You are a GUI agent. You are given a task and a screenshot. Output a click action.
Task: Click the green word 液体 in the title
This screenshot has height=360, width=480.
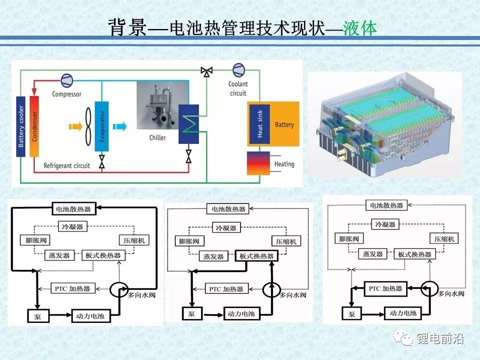(x=359, y=28)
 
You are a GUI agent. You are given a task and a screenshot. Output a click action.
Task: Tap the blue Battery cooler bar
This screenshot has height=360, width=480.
(x=21, y=126)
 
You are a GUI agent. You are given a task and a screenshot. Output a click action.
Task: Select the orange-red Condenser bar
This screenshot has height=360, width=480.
(x=34, y=126)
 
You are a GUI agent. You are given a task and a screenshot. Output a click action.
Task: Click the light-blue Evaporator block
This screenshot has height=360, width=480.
(x=102, y=126)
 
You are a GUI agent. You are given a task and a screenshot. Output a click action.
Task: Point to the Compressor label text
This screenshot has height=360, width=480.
(x=66, y=94)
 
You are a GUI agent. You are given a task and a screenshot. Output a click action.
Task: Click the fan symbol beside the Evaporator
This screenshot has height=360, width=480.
(x=88, y=126)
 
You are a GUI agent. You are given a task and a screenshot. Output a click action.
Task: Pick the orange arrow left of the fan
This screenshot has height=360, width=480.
(x=75, y=126)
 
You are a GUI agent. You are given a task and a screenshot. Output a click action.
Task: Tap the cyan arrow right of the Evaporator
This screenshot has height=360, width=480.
(x=119, y=126)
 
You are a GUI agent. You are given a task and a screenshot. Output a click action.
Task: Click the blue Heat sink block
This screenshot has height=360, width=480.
(x=259, y=124)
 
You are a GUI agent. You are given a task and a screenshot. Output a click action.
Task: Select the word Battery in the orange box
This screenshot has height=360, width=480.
(x=284, y=124)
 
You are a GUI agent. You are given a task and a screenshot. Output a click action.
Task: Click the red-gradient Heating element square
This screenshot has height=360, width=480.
(x=258, y=163)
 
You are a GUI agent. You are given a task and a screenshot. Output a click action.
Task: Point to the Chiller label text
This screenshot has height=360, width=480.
(x=157, y=138)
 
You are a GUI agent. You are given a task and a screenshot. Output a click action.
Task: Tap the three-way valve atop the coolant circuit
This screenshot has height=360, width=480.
(x=206, y=71)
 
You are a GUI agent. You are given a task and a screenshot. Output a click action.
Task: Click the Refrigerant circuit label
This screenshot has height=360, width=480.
(x=66, y=165)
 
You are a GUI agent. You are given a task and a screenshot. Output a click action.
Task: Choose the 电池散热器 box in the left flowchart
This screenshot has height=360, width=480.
(x=74, y=209)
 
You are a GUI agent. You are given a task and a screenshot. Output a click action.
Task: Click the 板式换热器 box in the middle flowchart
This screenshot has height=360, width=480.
(x=256, y=256)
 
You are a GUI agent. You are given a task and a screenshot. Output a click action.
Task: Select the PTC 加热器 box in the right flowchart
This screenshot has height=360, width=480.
(x=385, y=288)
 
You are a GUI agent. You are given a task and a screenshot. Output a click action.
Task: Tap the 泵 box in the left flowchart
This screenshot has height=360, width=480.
(x=37, y=315)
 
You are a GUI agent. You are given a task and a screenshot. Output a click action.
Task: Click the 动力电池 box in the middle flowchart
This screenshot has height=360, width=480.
(x=241, y=313)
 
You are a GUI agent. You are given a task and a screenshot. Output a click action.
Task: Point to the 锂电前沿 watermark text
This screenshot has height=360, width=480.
(x=440, y=338)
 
